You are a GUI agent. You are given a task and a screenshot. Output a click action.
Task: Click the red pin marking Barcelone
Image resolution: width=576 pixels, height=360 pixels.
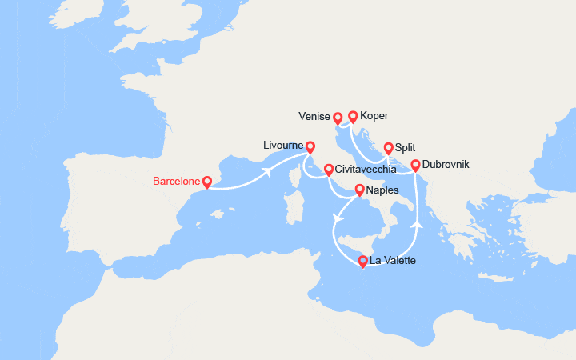(206, 182)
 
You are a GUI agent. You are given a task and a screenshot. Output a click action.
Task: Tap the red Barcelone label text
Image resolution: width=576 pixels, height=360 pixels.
(175, 181)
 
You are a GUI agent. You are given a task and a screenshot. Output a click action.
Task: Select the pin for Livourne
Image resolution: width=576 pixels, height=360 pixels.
(310, 146)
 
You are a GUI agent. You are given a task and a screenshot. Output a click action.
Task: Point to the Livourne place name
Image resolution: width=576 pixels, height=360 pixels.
(282, 146)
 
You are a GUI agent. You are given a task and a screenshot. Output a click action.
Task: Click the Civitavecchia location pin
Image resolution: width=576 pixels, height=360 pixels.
(329, 169)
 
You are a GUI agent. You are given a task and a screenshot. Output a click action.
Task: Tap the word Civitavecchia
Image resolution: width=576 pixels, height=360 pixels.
(370, 169)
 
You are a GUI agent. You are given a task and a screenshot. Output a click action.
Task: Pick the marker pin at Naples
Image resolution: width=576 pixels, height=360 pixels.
(360, 190)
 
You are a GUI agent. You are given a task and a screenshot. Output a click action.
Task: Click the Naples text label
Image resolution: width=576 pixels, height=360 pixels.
(383, 190)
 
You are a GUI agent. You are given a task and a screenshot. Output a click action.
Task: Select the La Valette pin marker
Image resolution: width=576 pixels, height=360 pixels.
(363, 260)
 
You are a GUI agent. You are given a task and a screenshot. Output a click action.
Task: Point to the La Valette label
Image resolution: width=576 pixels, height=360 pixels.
(393, 260)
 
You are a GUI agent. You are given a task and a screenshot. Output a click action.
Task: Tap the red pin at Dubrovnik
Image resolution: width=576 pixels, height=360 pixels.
(416, 165)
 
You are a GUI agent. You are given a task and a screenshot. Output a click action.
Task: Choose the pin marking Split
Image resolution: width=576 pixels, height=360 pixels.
(389, 147)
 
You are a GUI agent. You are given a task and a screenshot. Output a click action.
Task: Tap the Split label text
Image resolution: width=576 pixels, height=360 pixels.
(406, 147)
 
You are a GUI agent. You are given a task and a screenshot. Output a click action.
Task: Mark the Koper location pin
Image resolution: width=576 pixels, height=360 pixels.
(353, 116)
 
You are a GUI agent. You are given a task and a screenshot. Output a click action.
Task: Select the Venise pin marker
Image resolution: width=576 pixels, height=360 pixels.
(338, 118)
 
